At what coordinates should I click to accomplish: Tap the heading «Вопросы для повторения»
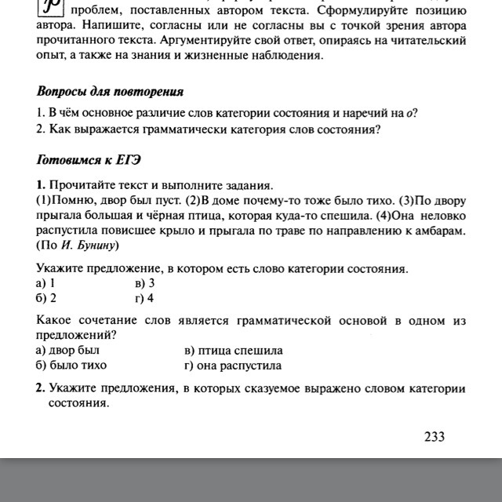[110, 91]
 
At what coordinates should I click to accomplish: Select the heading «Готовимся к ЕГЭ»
[89, 161]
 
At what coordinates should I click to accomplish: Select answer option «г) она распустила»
[231, 366]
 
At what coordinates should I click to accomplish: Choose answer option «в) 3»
[144, 283]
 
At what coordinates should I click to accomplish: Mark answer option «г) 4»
[144, 298]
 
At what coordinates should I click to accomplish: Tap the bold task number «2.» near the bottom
[40, 389]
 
